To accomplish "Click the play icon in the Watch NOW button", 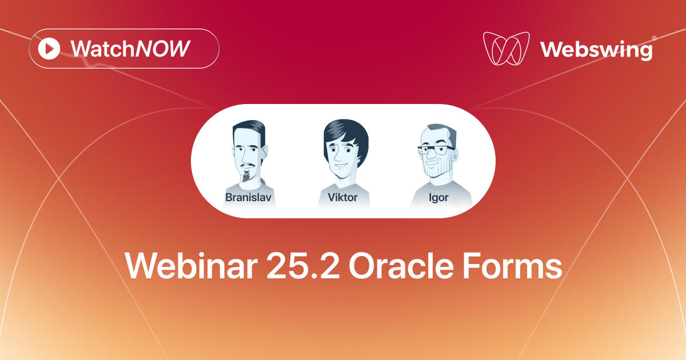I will click(x=49, y=49).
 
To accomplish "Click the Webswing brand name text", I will click(x=596, y=49).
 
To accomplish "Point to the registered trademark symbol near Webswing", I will click(x=654, y=38).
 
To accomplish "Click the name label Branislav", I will click(x=248, y=198).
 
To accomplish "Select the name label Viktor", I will click(x=343, y=198).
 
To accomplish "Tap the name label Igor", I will click(x=438, y=198).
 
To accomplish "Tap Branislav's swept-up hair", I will click(x=249, y=129).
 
